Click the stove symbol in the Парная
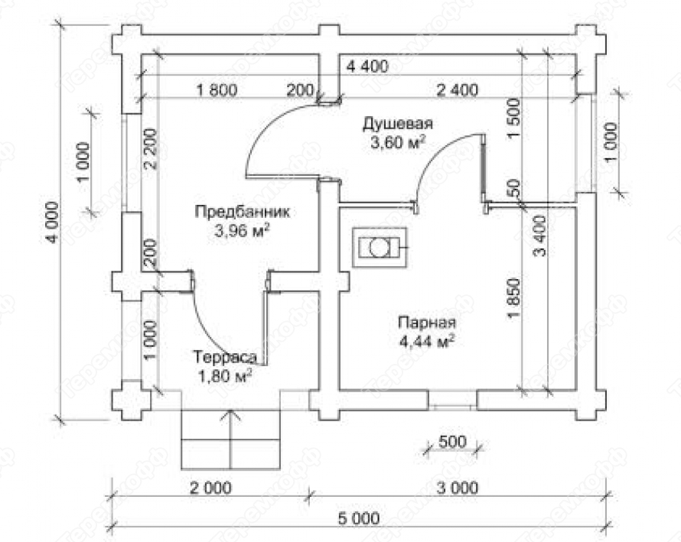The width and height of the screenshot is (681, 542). click(x=377, y=247)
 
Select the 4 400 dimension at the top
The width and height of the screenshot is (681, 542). click(x=367, y=66)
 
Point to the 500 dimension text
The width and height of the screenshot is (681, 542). click(x=452, y=441)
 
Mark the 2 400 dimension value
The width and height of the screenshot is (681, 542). click(x=457, y=90)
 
